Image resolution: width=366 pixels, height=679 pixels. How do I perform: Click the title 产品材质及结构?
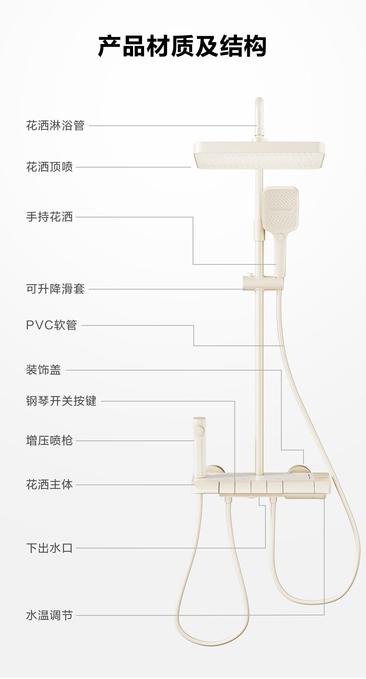click(x=182, y=46)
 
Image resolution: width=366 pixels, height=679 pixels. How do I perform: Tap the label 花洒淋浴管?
click(x=55, y=126)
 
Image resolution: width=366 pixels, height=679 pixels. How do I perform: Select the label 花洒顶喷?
click(x=50, y=167)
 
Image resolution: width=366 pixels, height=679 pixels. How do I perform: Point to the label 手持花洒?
click(x=50, y=217)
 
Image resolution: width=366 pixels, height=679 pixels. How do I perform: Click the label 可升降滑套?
click(x=55, y=289)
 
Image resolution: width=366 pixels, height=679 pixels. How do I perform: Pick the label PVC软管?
click(x=51, y=325)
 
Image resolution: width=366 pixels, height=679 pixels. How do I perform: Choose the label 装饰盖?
click(x=44, y=370)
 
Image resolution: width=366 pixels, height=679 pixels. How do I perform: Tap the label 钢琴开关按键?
click(x=61, y=401)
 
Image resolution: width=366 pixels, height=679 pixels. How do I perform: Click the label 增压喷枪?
click(x=50, y=440)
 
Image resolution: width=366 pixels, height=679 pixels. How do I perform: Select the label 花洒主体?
click(x=50, y=484)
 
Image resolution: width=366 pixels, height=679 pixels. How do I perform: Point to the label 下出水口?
click(x=50, y=548)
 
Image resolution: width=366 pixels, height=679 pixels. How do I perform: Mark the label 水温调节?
click(x=50, y=615)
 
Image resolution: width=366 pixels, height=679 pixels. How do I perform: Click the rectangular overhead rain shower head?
click(x=259, y=155)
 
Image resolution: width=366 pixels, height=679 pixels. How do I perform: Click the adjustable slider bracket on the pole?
click(x=263, y=283)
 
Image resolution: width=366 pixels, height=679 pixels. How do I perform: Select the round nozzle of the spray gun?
click(x=199, y=431)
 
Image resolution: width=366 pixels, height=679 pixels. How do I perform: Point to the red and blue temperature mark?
click(x=309, y=476)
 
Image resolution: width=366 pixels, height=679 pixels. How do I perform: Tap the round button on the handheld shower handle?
click(x=280, y=237)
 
